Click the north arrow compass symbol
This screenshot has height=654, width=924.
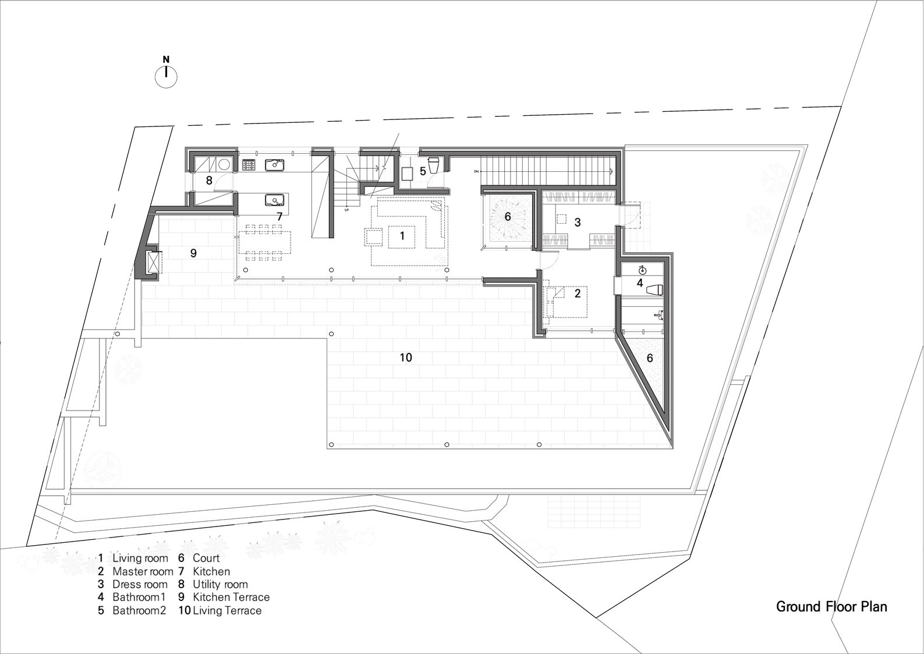click(x=166, y=76)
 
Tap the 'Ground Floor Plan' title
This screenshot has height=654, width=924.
click(x=831, y=607)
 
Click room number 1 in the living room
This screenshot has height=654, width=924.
click(x=402, y=236)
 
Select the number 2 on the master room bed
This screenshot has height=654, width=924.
click(x=577, y=294)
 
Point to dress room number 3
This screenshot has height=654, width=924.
click(x=577, y=222)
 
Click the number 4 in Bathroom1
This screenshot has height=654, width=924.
click(x=639, y=284)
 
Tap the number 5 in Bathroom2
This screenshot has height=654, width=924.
click(x=423, y=172)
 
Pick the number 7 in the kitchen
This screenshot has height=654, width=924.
click(x=279, y=217)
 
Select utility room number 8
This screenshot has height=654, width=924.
click(x=208, y=181)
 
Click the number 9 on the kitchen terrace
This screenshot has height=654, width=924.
click(x=193, y=253)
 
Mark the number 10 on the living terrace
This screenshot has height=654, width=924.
click(x=405, y=358)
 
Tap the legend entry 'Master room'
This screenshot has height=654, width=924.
click(x=143, y=571)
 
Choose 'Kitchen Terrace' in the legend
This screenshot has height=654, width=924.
click(x=231, y=597)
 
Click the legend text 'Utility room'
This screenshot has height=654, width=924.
click(x=220, y=584)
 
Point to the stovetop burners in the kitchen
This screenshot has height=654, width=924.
click(x=249, y=165)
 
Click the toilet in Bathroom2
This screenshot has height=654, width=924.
click(x=434, y=165)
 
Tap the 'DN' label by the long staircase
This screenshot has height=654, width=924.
click(x=476, y=172)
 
